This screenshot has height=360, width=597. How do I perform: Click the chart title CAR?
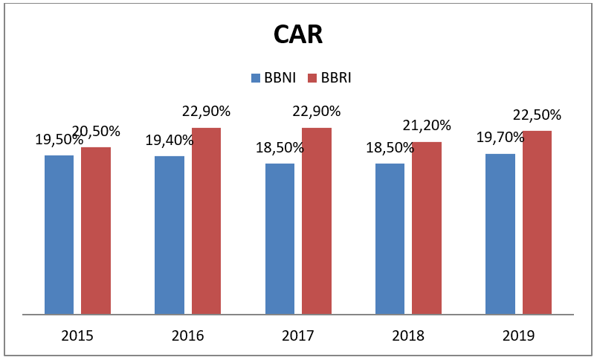pyautogui.click(x=298, y=34)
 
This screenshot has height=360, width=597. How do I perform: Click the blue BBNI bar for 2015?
pyautogui.click(x=59, y=234)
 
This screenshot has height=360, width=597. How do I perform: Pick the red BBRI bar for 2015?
pyautogui.click(x=96, y=231)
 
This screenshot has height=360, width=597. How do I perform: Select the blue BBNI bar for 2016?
pyautogui.click(x=169, y=234)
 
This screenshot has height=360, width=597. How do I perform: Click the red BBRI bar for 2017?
pyautogui.click(x=316, y=221)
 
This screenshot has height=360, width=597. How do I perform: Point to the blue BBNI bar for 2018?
pyautogui.click(x=390, y=238)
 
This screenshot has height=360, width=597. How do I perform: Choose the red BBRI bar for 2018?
pyautogui.click(x=426, y=228)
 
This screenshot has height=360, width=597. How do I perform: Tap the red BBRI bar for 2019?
pyautogui.click(x=537, y=222)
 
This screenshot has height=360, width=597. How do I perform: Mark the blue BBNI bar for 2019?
pyautogui.click(x=500, y=234)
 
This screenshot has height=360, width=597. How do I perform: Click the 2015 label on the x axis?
pyautogui.click(x=77, y=335)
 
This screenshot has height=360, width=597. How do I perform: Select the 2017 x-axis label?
pyautogui.click(x=297, y=335)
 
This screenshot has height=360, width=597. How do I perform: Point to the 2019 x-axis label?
pyautogui.click(x=518, y=335)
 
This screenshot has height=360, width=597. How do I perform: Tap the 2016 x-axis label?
pyautogui.click(x=187, y=335)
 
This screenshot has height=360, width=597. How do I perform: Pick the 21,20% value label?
pyautogui.click(x=427, y=125)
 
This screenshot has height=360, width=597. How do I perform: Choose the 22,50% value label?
pyautogui.click(x=537, y=115)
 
